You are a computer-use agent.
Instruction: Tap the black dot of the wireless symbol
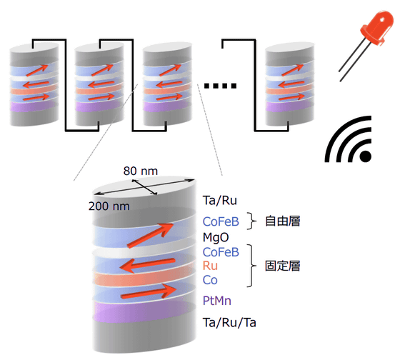pos(365,156)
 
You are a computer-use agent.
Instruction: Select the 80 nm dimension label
pos(141,171)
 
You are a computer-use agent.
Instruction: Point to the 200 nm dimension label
pos(109,206)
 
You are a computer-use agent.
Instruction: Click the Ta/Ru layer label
pos(220,201)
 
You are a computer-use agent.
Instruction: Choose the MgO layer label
pos(216,237)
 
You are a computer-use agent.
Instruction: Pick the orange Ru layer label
pos(210,266)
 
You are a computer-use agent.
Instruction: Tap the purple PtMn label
pos(217,301)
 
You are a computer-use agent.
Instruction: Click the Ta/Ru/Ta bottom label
pos(229,322)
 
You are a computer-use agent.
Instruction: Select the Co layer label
pos(210,280)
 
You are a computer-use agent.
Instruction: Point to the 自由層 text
pos(282,221)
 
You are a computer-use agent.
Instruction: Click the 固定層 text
pos(282,266)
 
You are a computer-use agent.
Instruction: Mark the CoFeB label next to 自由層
pos(221,221)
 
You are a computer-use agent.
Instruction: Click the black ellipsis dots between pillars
pos(220,86)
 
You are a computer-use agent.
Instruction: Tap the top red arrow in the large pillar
pos(151,236)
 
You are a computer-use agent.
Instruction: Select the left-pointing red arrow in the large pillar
pos(147,265)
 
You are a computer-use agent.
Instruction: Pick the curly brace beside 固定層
pos(251,266)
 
